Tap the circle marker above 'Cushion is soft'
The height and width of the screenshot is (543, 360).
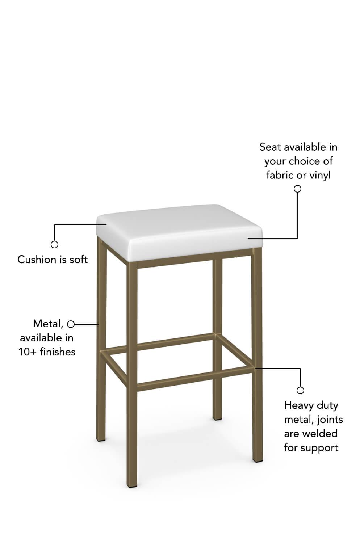click(54, 244)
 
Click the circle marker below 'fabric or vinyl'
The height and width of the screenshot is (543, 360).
click(297, 189)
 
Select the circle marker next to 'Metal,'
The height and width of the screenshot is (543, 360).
click(71, 324)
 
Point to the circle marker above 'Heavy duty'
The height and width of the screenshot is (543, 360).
click(300, 391)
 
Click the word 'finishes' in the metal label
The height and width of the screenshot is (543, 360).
click(58, 352)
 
